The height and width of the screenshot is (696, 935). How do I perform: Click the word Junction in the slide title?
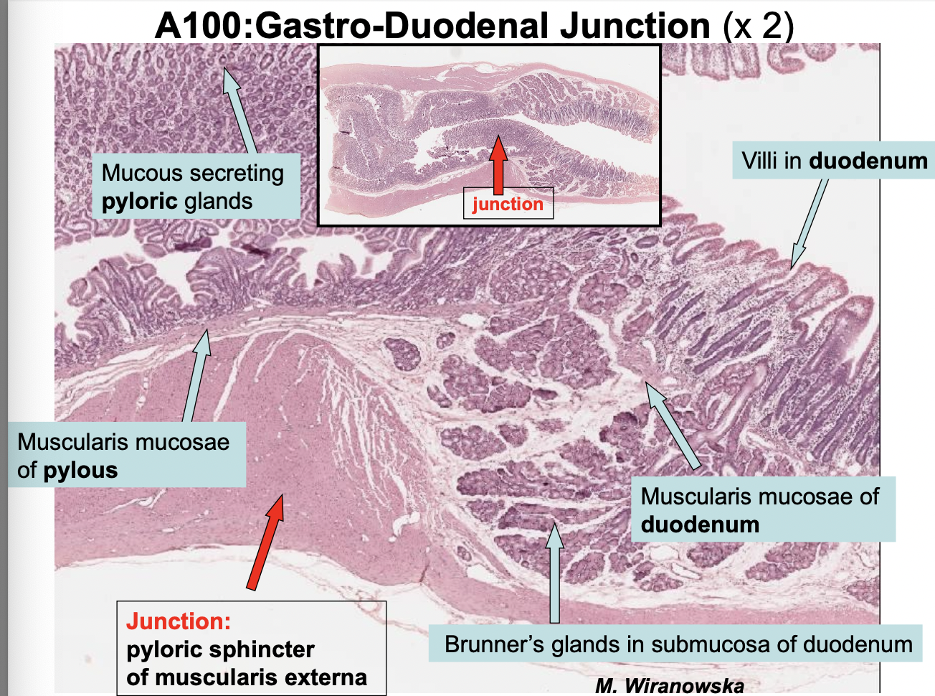pyautogui.click(x=635, y=26)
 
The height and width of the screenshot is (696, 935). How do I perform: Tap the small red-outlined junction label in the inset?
pyautogui.click(x=508, y=204)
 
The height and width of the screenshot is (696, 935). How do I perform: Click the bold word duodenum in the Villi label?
pyautogui.click(x=868, y=161)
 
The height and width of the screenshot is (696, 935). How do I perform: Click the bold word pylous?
pyautogui.click(x=80, y=471)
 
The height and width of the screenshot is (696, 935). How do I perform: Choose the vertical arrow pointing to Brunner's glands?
pyautogui.click(x=554, y=573)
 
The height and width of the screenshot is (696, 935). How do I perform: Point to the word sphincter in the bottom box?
pyautogui.click(x=267, y=649)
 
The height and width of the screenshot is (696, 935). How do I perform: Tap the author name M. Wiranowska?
pyautogui.click(x=668, y=686)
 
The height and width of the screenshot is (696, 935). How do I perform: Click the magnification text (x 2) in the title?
pyautogui.click(x=758, y=26)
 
